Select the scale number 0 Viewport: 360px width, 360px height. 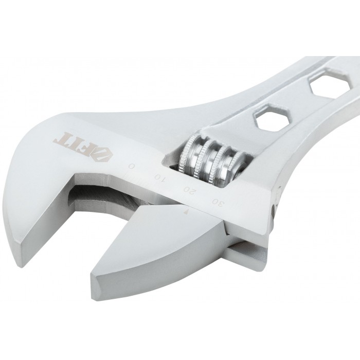(131, 166)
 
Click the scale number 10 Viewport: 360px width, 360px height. (159, 178)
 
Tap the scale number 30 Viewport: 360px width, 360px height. (218, 203)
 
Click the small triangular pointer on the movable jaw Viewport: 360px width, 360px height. (186, 212)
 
